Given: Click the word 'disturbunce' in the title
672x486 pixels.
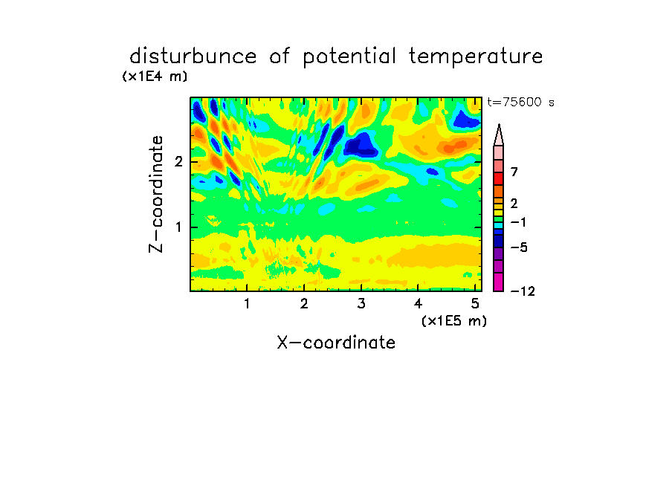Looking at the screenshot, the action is (x=193, y=56).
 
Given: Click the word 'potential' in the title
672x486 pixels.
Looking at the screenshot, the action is (x=349, y=57).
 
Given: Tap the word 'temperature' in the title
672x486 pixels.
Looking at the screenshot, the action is (x=476, y=56).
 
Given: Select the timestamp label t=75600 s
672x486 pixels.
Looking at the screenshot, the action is (x=520, y=102).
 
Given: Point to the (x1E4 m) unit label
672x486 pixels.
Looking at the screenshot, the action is (x=155, y=77).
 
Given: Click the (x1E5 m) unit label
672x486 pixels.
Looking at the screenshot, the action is (x=454, y=320).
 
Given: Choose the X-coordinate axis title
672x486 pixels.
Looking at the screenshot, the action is (x=336, y=343).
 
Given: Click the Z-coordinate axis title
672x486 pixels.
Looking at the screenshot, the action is (x=155, y=194).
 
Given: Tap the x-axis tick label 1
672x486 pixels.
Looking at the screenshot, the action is (x=247, y=304).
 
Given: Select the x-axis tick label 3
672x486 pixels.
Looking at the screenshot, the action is (x=361, y=304).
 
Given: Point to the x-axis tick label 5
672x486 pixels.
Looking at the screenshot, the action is (x=475, y=304).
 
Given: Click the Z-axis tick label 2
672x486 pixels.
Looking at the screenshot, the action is (x=178, y=161).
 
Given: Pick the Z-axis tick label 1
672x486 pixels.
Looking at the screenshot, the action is (x=178, y=227).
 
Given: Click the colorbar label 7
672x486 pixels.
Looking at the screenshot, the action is (x=514, y=172).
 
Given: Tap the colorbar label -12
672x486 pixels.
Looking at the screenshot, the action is (x=523, y=291).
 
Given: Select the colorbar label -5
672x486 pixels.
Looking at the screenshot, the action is (x=519, y=247).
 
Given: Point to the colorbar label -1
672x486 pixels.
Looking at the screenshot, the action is (x=519, y=222).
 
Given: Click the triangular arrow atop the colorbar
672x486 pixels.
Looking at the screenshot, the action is (x=499, y=135).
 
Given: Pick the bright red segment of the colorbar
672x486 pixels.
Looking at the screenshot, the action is (x=499, y=178).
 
